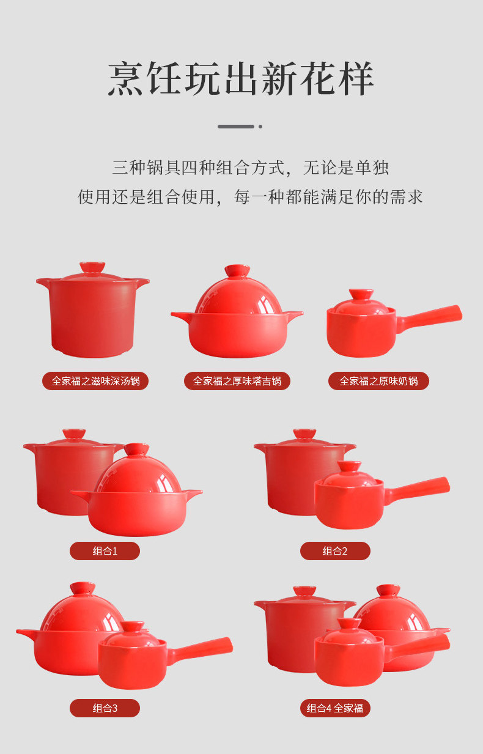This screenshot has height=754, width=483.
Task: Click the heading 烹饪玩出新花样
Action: tap(241, 78)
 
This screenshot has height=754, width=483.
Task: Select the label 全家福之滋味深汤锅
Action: tap(95, 381)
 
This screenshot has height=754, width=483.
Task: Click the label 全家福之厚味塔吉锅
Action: tap(237, 381)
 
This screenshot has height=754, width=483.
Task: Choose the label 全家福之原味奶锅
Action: tap(378, 381)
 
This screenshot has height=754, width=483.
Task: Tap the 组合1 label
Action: tap(105, 551)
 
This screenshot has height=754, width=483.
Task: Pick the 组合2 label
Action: tap(335, 551)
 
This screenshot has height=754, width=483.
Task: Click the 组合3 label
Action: tap(105, 708)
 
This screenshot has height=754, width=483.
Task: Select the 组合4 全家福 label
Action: tap(335, 708)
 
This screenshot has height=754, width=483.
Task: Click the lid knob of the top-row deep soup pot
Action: tap(92, 267)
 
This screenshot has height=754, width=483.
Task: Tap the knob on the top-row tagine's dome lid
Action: tap(237, 271)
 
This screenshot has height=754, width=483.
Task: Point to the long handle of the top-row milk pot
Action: tap(429, 318)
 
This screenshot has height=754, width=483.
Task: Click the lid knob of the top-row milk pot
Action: tap(361, 294)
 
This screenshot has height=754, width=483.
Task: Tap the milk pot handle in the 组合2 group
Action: tap(418, 490)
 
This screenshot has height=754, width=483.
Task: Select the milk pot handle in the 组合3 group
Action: tap(201, 650)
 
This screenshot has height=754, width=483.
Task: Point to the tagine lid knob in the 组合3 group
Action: tap(83, 588)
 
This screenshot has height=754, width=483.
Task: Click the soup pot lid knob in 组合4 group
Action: tap(304, 591)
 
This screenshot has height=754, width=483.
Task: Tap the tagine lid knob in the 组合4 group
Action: tap(388, 591)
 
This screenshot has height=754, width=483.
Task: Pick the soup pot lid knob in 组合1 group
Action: tap(74, 434)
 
